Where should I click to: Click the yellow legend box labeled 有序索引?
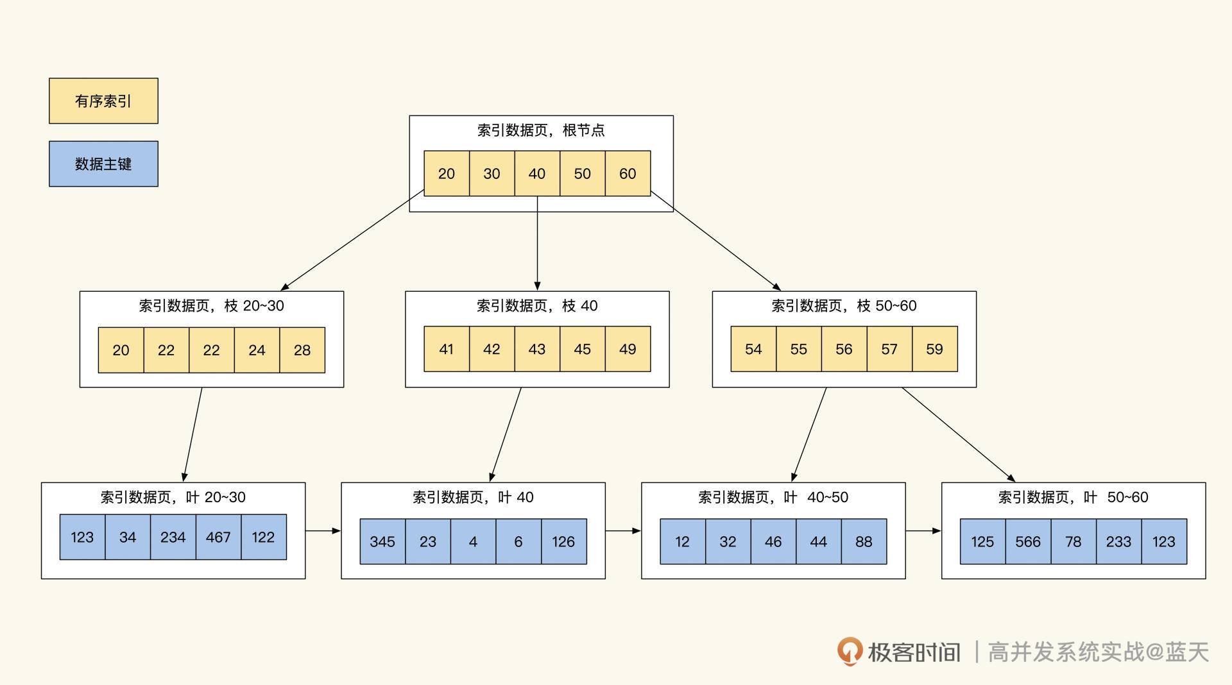(103, 101)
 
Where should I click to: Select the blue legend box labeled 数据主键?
(103, 164)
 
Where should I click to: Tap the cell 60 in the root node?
(628, 173)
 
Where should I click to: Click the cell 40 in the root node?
(537, 173)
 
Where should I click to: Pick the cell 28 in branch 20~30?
(302, 350)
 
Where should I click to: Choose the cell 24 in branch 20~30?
(257, 350)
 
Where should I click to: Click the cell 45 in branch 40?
(582, 349)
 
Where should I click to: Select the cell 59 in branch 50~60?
(934, 349)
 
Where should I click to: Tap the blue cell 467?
(218, 537)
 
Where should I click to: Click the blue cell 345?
(382, 541)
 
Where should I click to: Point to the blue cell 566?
(1028, 541)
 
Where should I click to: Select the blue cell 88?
(864, 541)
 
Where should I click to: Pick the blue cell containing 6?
(518, 541)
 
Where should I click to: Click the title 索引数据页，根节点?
(541, 130)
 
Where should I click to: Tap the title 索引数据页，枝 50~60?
(844, 306)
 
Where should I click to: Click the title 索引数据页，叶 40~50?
(773, 497)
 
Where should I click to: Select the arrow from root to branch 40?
(537, 244)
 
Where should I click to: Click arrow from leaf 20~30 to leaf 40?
(323, 530)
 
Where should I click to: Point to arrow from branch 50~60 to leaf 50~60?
(958, 434)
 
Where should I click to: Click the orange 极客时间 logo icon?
(850, 651)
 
